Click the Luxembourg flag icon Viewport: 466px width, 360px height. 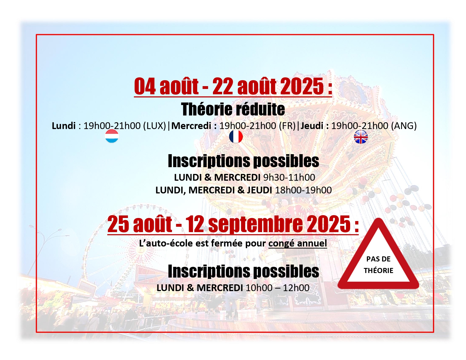[x=112, y=136]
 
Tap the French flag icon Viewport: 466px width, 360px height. [x=236, y=136]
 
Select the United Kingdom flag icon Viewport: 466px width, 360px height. [x=361, y=137]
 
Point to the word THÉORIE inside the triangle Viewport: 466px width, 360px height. [x=378, y=270]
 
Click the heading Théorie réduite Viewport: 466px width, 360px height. [x=233, y=109]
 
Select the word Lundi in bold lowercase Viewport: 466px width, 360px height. [x=64, y=126]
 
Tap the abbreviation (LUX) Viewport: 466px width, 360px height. [x=154, y=126]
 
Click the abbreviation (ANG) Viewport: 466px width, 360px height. [x=404, y=126]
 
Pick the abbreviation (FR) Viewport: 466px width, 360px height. [x=287, y=126]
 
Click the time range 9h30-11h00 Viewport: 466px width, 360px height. [x=289, y=178]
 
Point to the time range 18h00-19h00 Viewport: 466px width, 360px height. [x=303, y=190]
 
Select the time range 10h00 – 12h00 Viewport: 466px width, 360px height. [x=278, y=288]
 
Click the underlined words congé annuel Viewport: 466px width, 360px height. [x=298, y=243]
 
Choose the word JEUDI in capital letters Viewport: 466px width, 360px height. [x=260, y=190]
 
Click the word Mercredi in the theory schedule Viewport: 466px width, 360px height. [x=191, y=126]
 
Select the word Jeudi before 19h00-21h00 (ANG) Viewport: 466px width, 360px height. [x=312, y=126]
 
